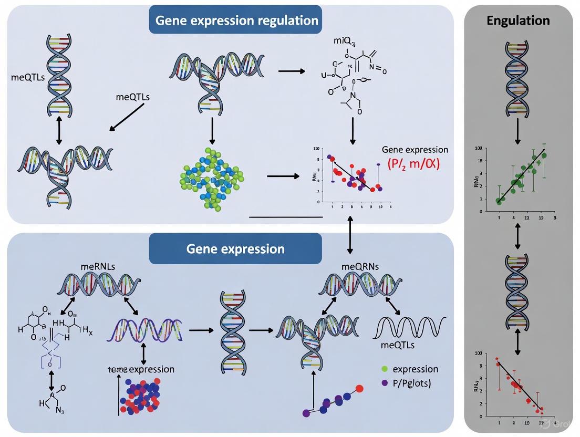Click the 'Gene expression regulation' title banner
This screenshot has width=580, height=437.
point(237,20)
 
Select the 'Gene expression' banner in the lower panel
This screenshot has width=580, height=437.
point(235,248)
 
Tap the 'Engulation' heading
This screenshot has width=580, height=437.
point(518,20)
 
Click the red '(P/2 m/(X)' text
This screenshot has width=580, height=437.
point(413,164)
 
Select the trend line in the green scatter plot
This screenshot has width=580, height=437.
point(520,176)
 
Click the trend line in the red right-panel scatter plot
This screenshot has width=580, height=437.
point(519,385)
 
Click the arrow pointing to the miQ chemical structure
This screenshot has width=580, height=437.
point(292,70)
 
